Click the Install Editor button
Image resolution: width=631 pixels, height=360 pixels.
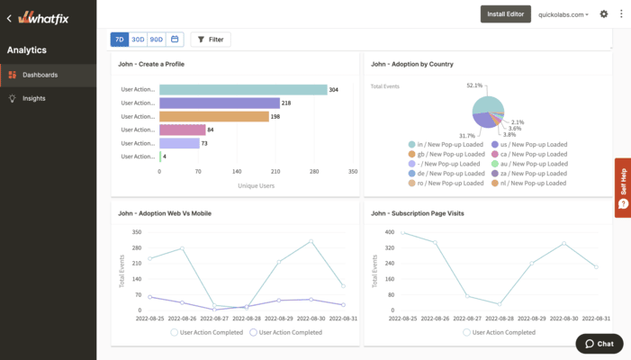pos(506,14)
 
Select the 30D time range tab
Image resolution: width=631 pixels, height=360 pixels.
pos(138,40)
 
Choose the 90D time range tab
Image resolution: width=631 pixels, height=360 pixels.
pos(157,40)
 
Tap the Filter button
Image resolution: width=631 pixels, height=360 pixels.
pos(211,40)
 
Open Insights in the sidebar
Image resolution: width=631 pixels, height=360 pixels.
pos(34,98)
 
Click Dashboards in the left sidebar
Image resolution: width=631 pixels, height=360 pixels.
pos(40,75)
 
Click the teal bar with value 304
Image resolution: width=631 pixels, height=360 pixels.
pos(242,89)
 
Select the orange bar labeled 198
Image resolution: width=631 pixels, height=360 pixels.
pos(213,116)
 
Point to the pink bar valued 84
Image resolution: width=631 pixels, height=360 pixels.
pos(182,130)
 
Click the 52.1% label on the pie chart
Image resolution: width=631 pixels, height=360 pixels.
pos(474,85)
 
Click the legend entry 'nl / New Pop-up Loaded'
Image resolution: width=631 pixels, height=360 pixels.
pos(534,183)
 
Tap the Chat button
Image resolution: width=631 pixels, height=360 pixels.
pos(599,344)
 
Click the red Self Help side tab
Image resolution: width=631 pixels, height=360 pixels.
pos(622,187)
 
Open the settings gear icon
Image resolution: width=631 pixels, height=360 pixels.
pos(604,14)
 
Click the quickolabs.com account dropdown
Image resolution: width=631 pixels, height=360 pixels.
pos(563,14)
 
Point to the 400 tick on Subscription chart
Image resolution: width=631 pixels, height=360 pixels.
pos(390,232)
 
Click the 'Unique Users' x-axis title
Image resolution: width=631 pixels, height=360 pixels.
pos(256,185)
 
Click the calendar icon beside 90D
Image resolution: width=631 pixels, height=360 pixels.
pos(175,40)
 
